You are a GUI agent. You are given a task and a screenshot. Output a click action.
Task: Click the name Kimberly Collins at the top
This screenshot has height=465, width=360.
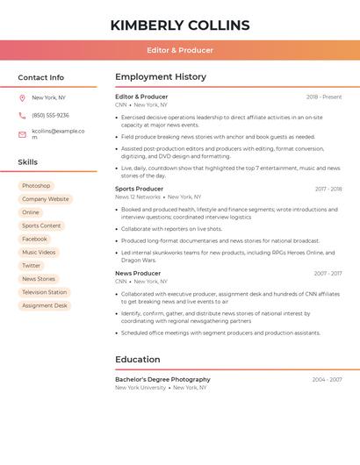click(180, 25)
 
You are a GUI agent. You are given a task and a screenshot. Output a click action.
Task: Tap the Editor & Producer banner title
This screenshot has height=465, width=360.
click(180, 50)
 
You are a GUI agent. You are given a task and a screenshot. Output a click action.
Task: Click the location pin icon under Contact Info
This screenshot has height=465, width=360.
click(22, 98)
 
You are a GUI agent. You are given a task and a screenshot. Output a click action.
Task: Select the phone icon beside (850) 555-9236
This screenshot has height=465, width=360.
click(22, 116)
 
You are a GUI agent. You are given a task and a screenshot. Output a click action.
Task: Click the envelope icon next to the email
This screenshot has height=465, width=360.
click(22, 134)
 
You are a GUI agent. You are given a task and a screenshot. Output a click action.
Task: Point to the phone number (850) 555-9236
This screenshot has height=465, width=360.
click(50, 116)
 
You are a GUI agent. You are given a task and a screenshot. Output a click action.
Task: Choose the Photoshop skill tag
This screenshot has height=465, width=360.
click(36, 186)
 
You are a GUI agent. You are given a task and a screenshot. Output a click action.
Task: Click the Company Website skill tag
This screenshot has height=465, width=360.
click(45, 199)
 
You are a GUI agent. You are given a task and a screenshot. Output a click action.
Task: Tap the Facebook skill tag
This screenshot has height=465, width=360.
click(34, 239)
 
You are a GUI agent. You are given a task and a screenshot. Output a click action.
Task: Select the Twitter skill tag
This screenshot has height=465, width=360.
click(32, 266)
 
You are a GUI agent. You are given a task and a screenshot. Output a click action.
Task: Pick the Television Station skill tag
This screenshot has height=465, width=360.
click(44, 292)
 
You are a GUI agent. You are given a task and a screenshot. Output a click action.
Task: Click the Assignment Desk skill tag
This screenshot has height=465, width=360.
click(44, 305)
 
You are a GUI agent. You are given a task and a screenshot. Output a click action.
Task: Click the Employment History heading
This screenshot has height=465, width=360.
click(161, 77)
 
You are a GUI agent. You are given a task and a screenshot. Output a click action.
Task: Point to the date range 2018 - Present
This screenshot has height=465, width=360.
click(324, 97)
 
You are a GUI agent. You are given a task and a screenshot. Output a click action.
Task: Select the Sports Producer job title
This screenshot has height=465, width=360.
click(139, 189)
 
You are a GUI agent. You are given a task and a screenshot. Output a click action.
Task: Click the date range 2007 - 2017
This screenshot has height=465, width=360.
click(328, 274)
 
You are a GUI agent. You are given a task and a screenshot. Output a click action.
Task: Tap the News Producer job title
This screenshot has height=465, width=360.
click(138, 274)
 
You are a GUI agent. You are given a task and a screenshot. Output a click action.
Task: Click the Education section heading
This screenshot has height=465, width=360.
click(138, 360)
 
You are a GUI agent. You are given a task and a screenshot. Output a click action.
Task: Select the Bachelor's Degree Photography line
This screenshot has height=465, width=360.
click(162, 380)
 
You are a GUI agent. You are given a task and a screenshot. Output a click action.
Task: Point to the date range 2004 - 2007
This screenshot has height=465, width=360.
click(327, 380)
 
